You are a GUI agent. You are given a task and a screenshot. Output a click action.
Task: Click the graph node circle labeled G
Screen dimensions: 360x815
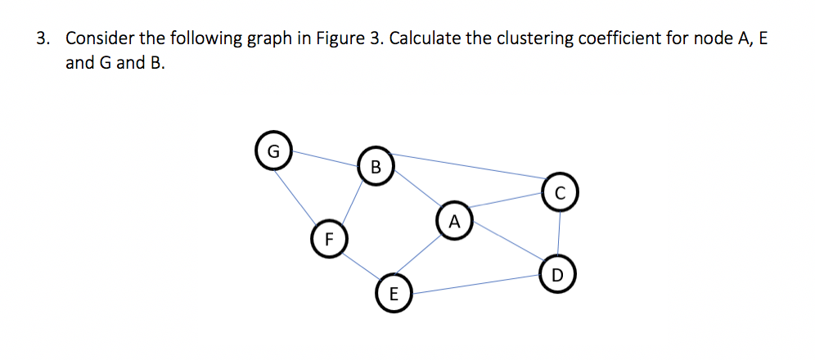274,151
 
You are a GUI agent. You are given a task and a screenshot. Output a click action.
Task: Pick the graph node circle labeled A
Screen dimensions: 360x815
455,220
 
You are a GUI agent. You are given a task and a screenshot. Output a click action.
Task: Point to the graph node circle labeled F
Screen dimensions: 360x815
328,239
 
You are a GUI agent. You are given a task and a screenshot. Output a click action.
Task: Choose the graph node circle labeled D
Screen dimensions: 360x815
557,274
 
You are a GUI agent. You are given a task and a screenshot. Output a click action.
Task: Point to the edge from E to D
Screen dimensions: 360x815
475,284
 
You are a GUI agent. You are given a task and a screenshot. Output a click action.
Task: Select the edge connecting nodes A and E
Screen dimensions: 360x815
425,256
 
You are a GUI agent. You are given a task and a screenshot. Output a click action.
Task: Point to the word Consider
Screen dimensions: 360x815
97,38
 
